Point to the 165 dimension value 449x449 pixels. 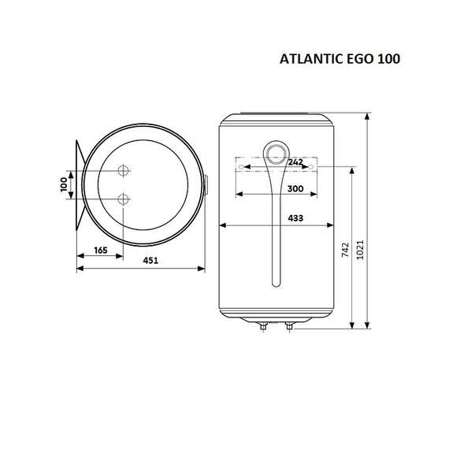click(100, 250)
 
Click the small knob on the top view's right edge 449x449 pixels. click(206, 186)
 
